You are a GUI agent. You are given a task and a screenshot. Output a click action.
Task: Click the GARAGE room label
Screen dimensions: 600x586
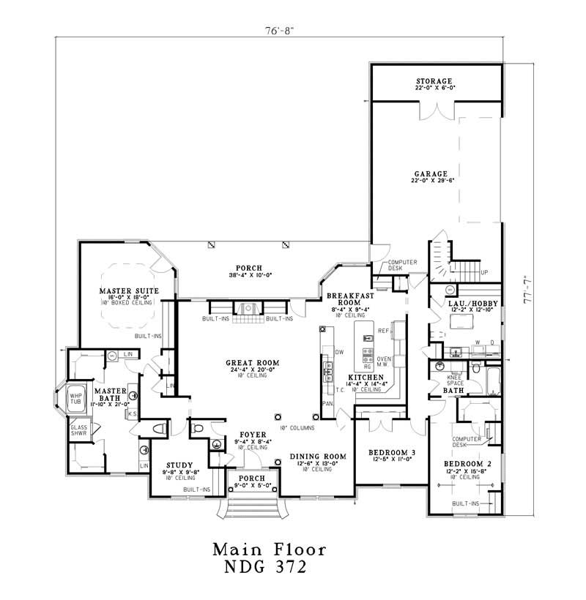[434, 174]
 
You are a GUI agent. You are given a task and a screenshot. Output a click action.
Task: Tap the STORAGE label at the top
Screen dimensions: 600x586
[434, 80]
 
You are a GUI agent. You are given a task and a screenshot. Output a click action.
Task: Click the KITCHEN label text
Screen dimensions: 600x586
[366, 378]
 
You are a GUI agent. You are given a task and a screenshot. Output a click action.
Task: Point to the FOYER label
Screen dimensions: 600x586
[251, 435]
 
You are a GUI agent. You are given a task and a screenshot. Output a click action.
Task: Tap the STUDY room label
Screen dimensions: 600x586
[179, 465]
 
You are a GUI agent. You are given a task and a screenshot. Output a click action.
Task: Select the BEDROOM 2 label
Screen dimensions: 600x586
[467, 464]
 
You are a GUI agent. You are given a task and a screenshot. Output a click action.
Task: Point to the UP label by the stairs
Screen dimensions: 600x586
[483, 272]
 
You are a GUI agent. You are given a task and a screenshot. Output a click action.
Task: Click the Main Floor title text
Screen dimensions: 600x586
[269, 548]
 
